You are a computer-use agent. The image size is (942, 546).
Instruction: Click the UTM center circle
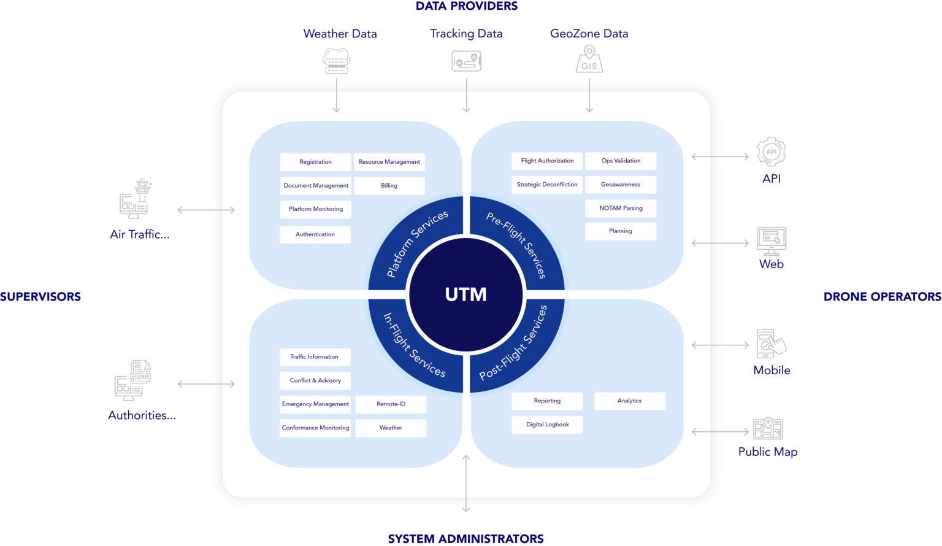click(x=466, y=294)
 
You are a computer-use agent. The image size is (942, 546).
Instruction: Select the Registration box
click(x=315, y=162)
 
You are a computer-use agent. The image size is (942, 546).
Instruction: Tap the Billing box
click(x=389, y=185)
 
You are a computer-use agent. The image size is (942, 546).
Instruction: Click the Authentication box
click(x=315, y=234)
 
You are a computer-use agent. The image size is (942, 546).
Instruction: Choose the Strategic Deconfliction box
click(x=547, y=184)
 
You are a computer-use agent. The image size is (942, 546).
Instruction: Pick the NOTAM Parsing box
click(x=621, y=208)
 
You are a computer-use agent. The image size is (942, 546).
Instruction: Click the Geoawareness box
click(x=621, y=184)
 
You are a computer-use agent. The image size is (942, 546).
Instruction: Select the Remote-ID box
click(x=391, y=404)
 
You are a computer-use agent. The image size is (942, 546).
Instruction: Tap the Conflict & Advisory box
click(x=315, y=380)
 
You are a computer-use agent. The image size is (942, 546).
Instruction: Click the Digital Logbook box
click(x=547, y=425)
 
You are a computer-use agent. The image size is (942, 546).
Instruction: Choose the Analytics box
click(x=629, y=401)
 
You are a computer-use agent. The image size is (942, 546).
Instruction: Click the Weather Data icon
click(x=336, y=61)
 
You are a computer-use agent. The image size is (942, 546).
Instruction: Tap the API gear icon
click(x=771, y=152)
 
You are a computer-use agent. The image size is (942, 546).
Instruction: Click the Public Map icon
click(x=768, y=428)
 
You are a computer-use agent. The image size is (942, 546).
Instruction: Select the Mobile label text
click(x=772, y=371)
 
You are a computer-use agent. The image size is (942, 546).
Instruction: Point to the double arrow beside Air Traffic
click(x=205, y=210)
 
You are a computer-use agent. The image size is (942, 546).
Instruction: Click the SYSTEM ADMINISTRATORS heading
click(x=466, y=539)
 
